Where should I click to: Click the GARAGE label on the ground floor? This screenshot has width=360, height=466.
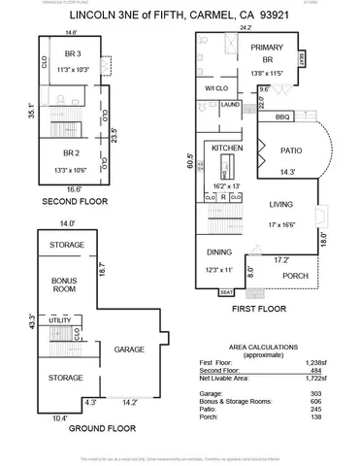129,349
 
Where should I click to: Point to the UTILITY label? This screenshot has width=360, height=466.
58,319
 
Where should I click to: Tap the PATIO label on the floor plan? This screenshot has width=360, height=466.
291,150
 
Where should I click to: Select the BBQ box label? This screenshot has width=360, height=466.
282,116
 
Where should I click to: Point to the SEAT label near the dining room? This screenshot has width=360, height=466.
226,292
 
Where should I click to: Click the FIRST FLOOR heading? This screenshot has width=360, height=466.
258,311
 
